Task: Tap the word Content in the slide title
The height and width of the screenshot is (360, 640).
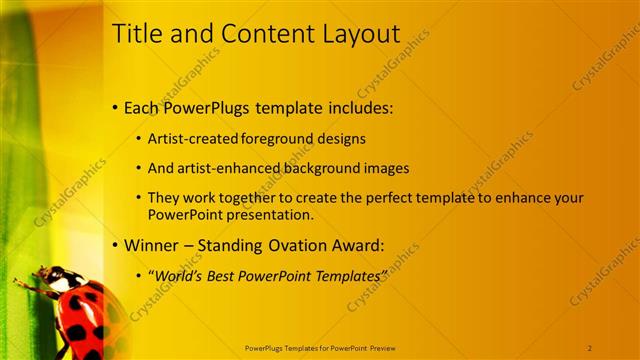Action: coord(252,34)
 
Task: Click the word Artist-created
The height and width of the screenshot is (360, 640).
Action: coord(189,139)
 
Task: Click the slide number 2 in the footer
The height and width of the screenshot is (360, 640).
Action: coord(590,346)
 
